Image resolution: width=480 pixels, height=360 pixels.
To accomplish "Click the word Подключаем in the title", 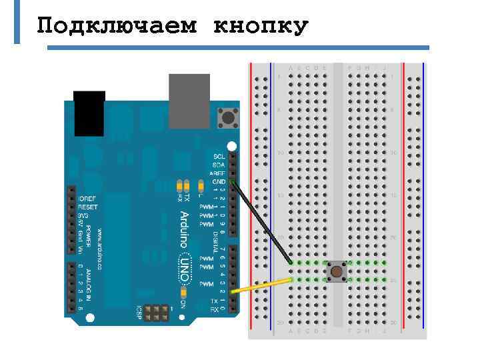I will point(117,27).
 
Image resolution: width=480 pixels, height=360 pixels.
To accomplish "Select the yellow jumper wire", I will point(263,285).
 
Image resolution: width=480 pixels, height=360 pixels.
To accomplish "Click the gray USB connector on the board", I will point(189,101).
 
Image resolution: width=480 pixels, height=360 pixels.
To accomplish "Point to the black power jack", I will point(89,113).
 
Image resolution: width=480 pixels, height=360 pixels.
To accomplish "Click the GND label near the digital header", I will point(219,181).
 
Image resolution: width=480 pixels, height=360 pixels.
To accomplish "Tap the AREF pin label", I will point(218,173).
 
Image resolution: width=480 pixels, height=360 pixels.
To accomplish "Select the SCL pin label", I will point(219,157).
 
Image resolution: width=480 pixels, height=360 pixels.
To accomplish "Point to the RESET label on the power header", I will point(87,207).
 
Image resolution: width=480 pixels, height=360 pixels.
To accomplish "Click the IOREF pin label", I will point(87,199).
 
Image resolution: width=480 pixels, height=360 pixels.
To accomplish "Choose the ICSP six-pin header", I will point(157,311).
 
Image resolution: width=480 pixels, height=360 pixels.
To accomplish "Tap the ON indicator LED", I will point(183,292).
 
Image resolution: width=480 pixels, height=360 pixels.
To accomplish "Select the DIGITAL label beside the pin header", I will point(217,234).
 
